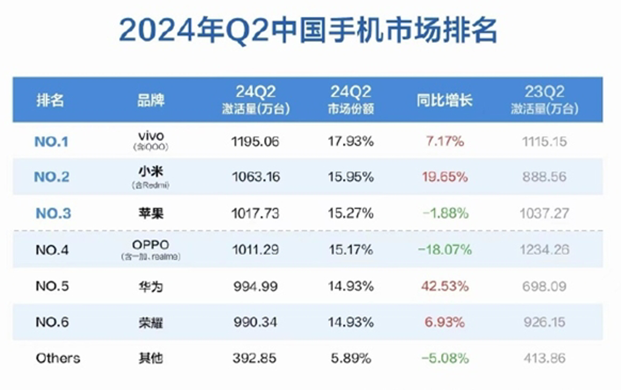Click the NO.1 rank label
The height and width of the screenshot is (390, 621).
point(52,142)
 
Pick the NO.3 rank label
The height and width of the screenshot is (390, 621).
point(53,213)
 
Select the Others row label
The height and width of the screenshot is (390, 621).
point(58,358)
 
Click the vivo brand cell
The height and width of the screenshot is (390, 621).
point(151,136)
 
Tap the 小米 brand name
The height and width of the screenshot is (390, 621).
point(151,172)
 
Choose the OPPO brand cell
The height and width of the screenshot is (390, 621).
point(151,244)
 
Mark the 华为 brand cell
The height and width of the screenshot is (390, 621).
point(151,286)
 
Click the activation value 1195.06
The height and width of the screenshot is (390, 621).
point(255,142)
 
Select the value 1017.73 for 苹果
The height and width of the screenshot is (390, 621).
point(255,213)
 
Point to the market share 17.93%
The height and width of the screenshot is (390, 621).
point(351,142)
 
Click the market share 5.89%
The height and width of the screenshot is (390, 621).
point(351,358)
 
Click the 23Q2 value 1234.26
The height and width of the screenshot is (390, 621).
point(543,250)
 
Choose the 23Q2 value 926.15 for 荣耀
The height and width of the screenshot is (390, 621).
point(543,322)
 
